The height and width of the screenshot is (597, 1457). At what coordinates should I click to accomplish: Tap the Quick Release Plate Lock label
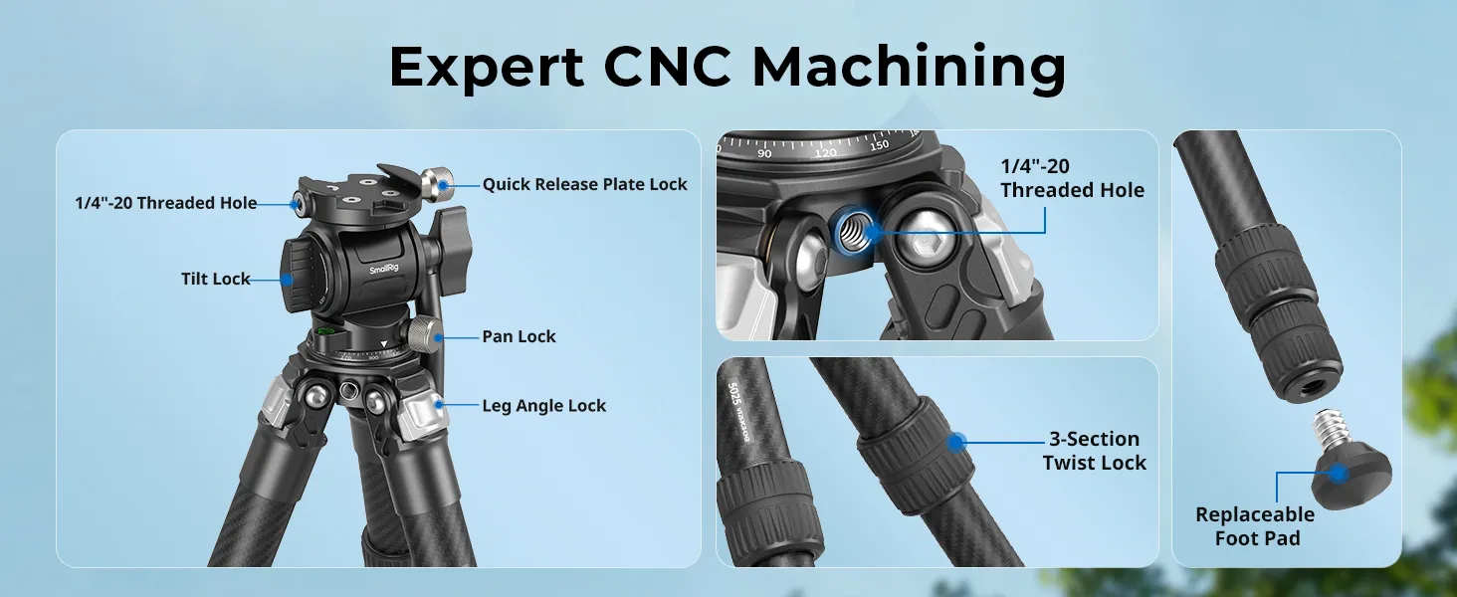[584, 185]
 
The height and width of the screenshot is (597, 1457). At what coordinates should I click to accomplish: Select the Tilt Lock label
[215, 279]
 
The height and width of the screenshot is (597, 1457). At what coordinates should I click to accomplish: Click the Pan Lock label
[519, 337]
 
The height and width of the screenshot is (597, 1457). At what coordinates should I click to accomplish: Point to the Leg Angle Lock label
[543, 406]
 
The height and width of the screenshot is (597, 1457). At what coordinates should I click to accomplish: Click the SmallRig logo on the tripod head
[384, 270]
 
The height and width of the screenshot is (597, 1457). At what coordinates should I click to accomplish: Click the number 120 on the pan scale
[825, 152]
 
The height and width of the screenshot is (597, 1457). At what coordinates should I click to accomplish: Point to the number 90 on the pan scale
[765, 153]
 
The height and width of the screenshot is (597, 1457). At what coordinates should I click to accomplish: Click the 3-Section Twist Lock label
[1094, 451]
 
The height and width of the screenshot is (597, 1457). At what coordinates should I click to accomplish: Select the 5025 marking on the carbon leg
[733, 393]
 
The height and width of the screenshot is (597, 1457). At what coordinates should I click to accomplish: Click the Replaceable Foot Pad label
[1255, 526]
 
